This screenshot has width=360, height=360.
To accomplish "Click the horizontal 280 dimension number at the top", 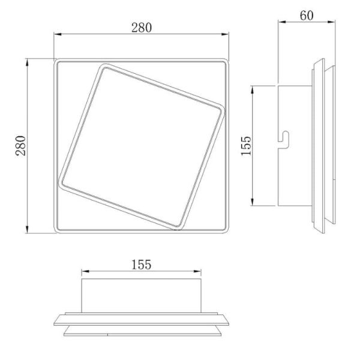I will pos(142,28).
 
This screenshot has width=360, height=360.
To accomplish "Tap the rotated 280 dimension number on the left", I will pos(20,145).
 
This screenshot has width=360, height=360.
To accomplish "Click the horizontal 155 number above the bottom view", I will pos(141,264).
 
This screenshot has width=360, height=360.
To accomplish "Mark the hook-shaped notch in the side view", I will pos(284,139).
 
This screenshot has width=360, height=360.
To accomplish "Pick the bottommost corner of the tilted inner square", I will pos(181,228).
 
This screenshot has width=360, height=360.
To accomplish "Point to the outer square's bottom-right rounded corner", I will pos(227,231).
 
